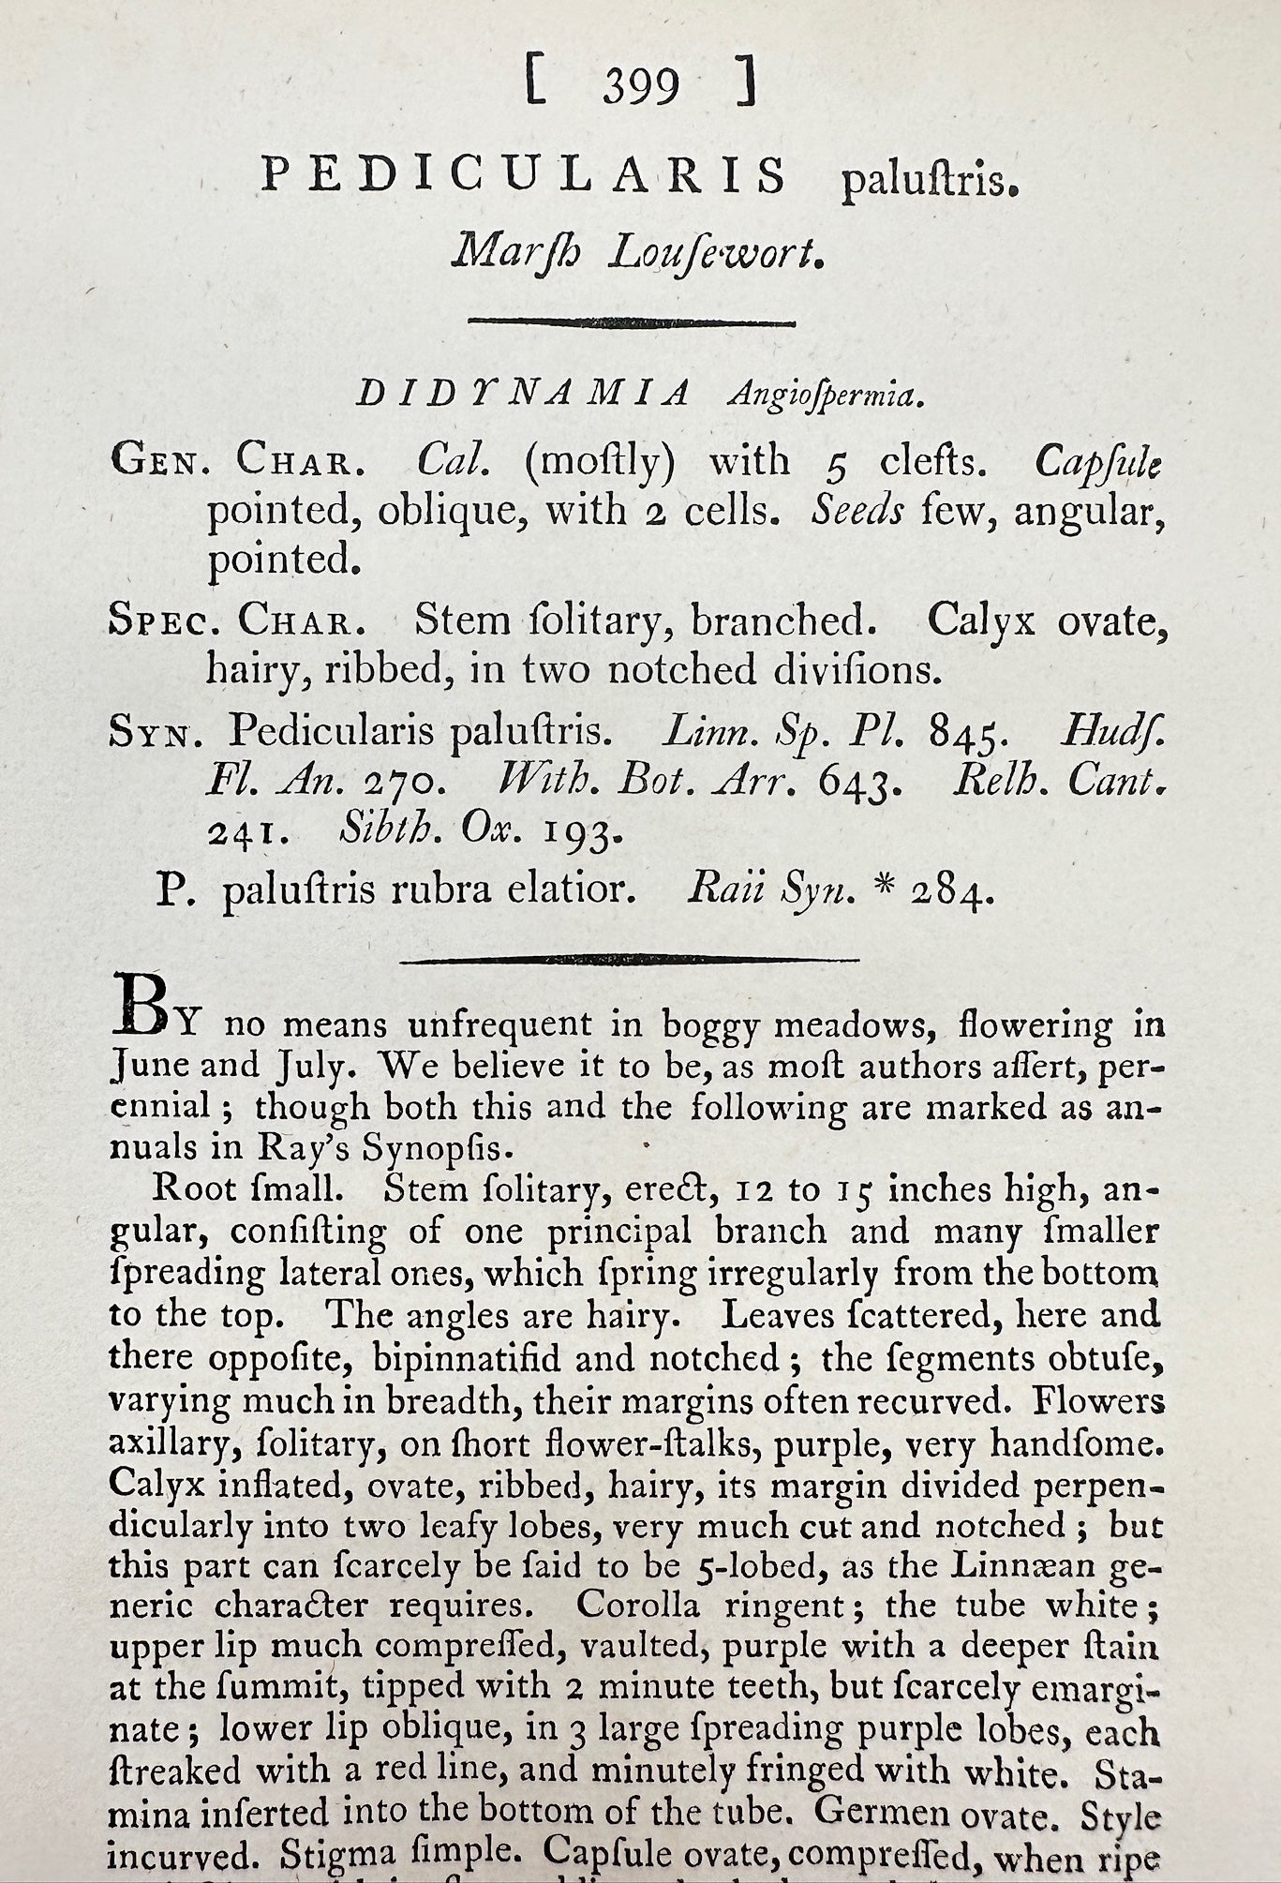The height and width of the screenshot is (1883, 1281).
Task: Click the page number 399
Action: [641, 87]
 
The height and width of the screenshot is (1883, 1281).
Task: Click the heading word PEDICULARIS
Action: [524, 175]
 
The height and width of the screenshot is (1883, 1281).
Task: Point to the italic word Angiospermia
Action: [826, 397]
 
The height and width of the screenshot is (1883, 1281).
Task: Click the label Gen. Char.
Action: [231, 459]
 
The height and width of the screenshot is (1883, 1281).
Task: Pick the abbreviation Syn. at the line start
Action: [156, 730]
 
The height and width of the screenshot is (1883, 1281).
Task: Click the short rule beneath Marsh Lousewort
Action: [632, 322]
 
